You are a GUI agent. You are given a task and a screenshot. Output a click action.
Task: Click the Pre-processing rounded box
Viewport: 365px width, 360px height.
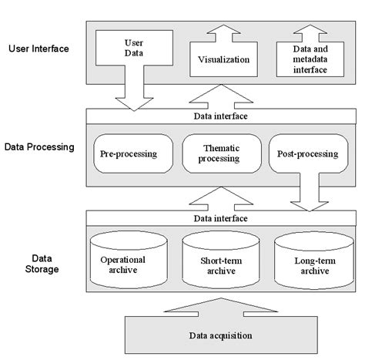129,153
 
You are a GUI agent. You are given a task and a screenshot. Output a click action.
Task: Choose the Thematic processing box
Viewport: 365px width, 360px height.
220,153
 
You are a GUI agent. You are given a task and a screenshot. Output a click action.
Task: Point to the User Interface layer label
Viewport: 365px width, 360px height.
39,49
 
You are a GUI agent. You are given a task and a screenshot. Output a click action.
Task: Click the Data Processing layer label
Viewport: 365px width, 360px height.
39,144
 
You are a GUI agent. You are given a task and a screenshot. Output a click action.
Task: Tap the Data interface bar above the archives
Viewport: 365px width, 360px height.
220,218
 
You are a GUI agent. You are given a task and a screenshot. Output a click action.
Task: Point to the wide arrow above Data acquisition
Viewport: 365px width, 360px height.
220,308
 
